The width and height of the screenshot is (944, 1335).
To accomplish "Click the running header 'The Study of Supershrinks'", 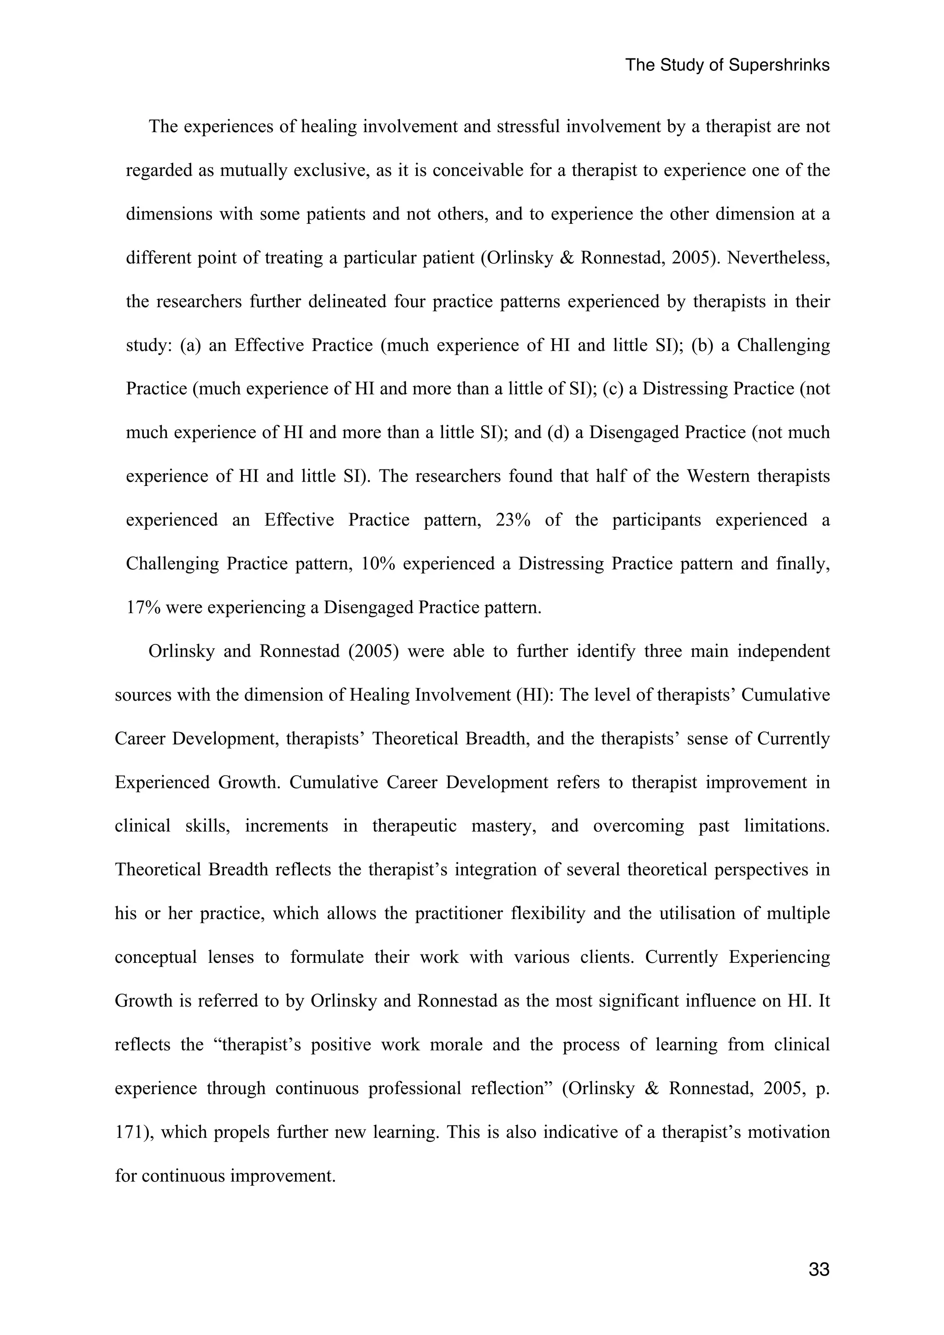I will (727, 65).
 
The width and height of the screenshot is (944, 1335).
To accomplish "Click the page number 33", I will (818, 1269).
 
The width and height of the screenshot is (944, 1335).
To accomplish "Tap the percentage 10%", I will (378, 563).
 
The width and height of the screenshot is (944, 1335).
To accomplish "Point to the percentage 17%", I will (143, 608).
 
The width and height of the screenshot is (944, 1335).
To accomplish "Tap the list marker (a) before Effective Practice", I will (191, 345).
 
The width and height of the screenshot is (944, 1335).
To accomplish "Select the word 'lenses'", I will (231, 957).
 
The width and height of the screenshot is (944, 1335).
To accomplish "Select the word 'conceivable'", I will (480, 170).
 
